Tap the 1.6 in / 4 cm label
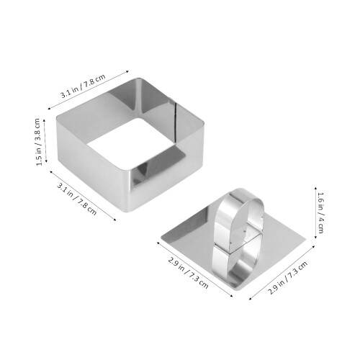(321, 212)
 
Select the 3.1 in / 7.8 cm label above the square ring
(83, 86)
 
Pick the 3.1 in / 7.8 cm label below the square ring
(76, 199)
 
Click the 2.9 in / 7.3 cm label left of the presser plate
(188, 273)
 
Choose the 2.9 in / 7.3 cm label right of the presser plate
(287, 278)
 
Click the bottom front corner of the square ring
(130, 212)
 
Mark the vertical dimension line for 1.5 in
(45, 141)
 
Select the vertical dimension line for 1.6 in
(315, 213)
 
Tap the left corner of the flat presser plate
(161, 237)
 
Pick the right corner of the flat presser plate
(306, 240)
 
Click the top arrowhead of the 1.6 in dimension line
(315, 189)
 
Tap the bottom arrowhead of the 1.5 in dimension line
(46, 161)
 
